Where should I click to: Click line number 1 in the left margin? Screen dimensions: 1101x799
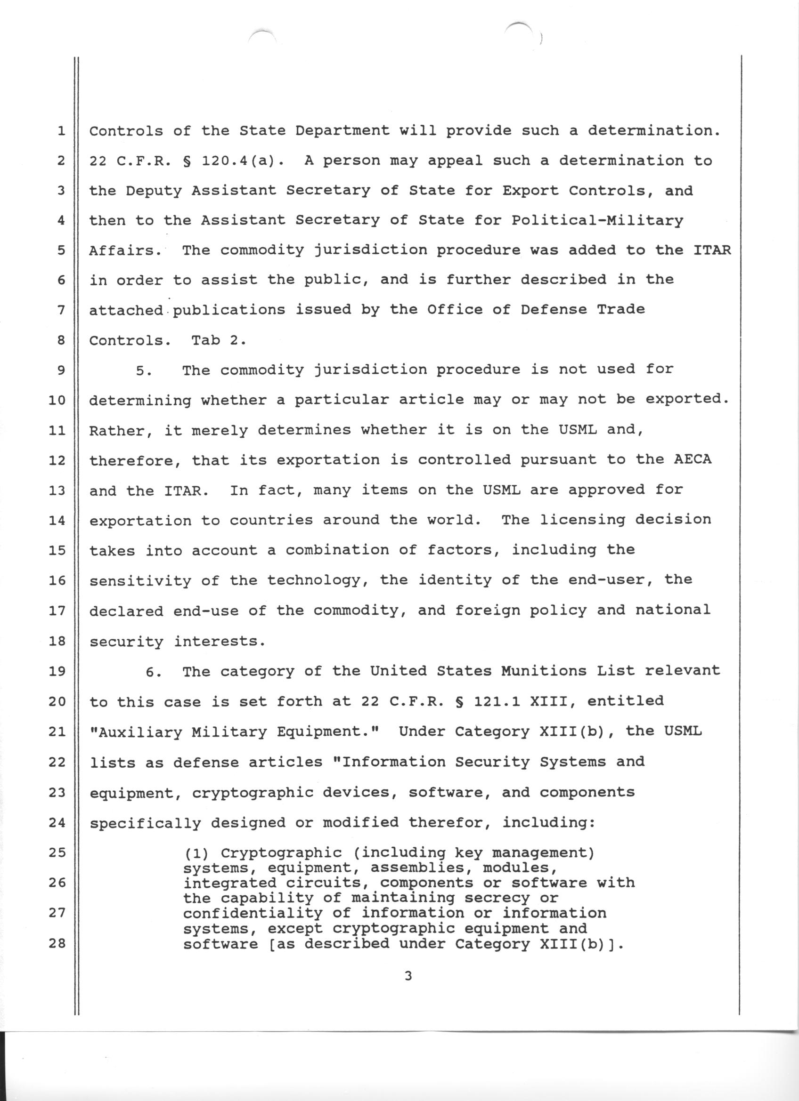[61, 131]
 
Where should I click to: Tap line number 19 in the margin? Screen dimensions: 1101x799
[57, 671]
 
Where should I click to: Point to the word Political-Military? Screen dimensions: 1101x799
[597, 221]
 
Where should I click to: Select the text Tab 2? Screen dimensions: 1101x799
[219, 340]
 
